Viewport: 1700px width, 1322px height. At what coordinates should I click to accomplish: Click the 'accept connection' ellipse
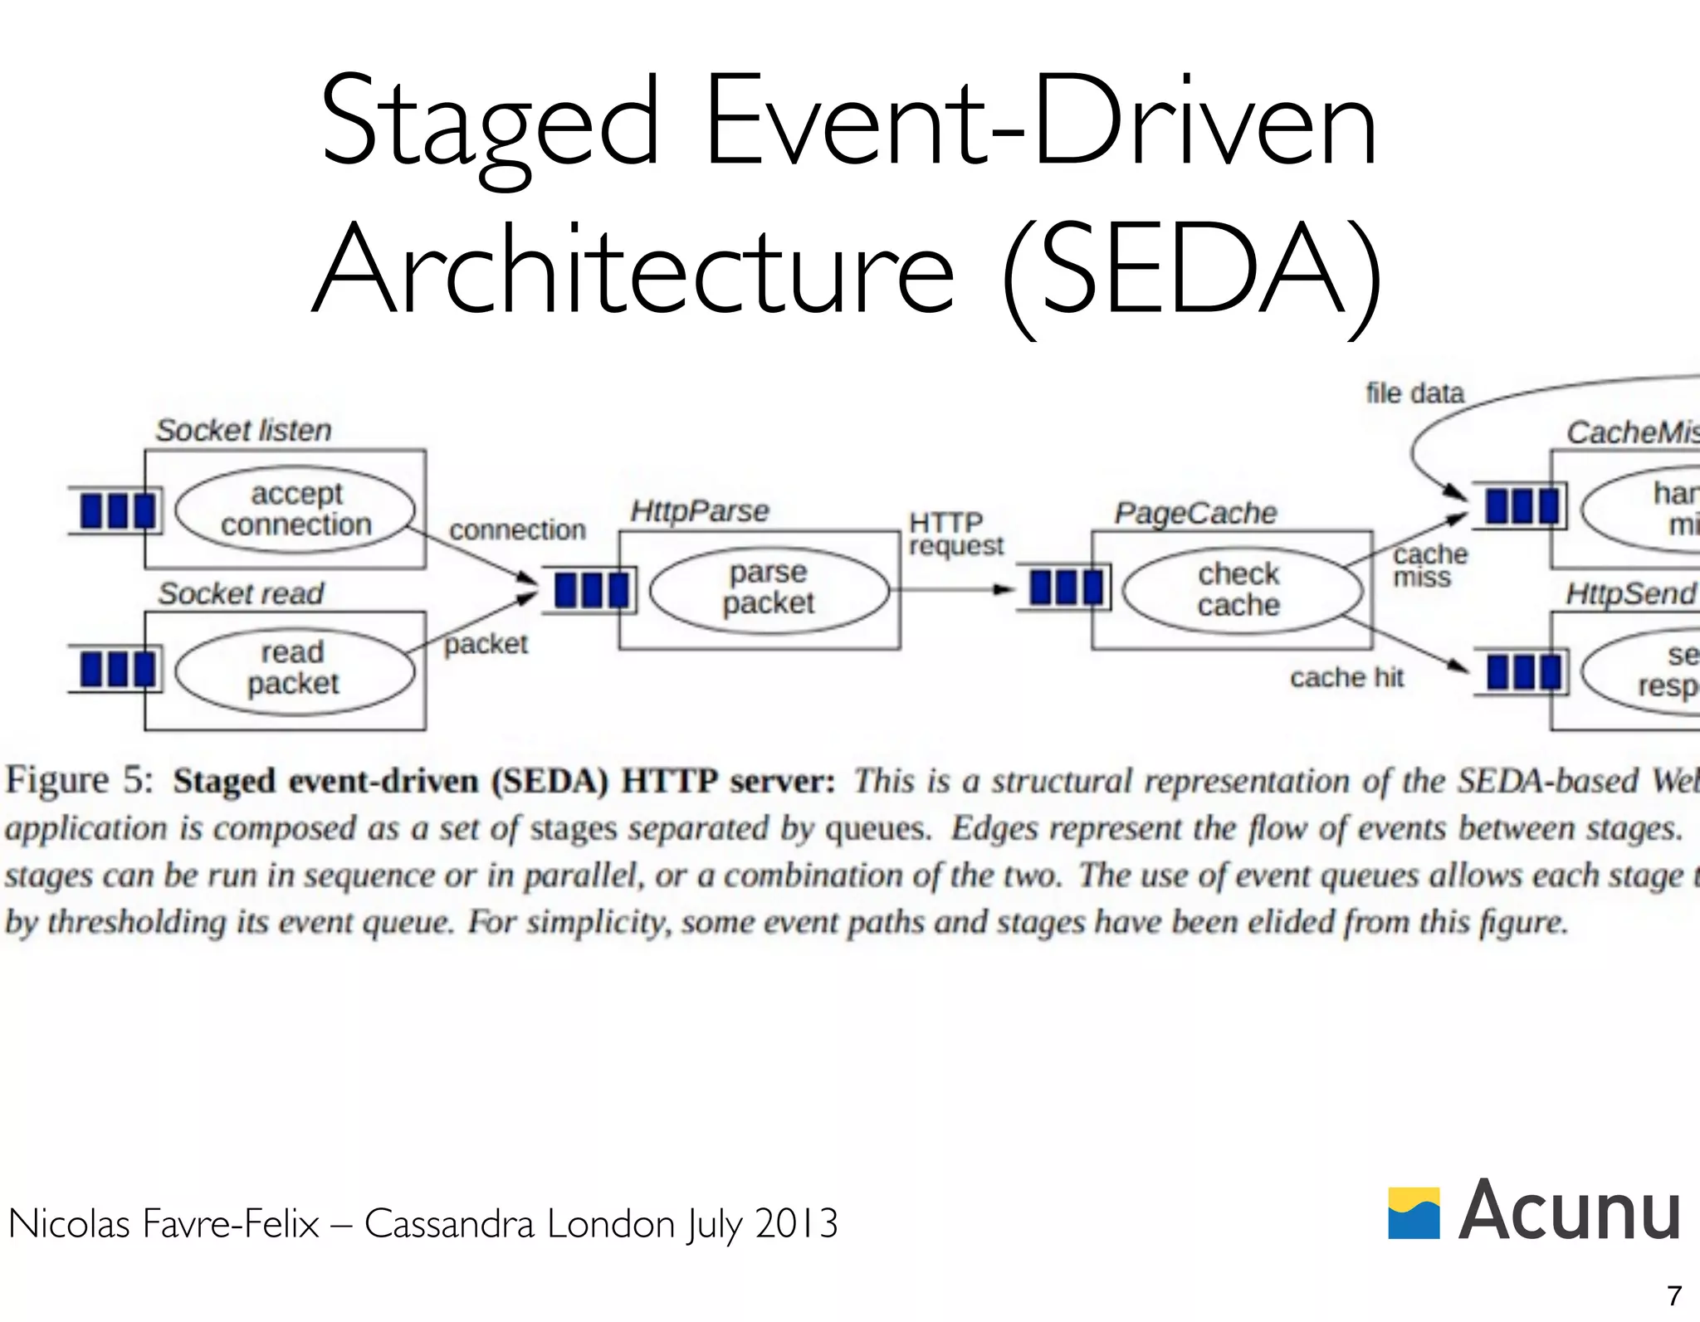296,509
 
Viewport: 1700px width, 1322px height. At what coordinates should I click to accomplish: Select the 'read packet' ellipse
295,669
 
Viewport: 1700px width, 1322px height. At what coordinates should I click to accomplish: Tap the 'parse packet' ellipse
769,588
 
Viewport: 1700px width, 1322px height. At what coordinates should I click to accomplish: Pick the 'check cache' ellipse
1241,590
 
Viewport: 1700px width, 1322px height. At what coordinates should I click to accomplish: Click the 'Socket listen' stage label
243,430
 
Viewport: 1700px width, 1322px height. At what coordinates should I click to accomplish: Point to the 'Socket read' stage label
241,593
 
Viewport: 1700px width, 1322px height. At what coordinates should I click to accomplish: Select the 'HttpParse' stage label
699,510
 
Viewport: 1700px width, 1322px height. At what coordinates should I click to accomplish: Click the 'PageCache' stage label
1195,513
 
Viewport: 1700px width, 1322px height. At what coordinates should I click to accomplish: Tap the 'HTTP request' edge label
955,534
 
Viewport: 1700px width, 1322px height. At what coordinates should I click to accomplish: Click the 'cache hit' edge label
1346,677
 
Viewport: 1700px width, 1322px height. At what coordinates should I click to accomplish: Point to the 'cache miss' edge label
1429,565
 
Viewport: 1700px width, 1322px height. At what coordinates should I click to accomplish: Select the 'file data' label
1414,393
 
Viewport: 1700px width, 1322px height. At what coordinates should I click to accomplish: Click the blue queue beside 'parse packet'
590,590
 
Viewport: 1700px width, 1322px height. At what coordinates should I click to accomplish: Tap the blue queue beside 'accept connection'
117,510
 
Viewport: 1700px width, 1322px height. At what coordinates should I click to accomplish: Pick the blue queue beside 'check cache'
1065,587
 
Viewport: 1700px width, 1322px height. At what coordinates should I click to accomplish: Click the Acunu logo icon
1414,1212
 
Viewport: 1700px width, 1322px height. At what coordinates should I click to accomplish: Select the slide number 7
1673,1295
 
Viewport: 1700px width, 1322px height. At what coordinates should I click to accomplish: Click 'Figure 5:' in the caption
80,780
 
